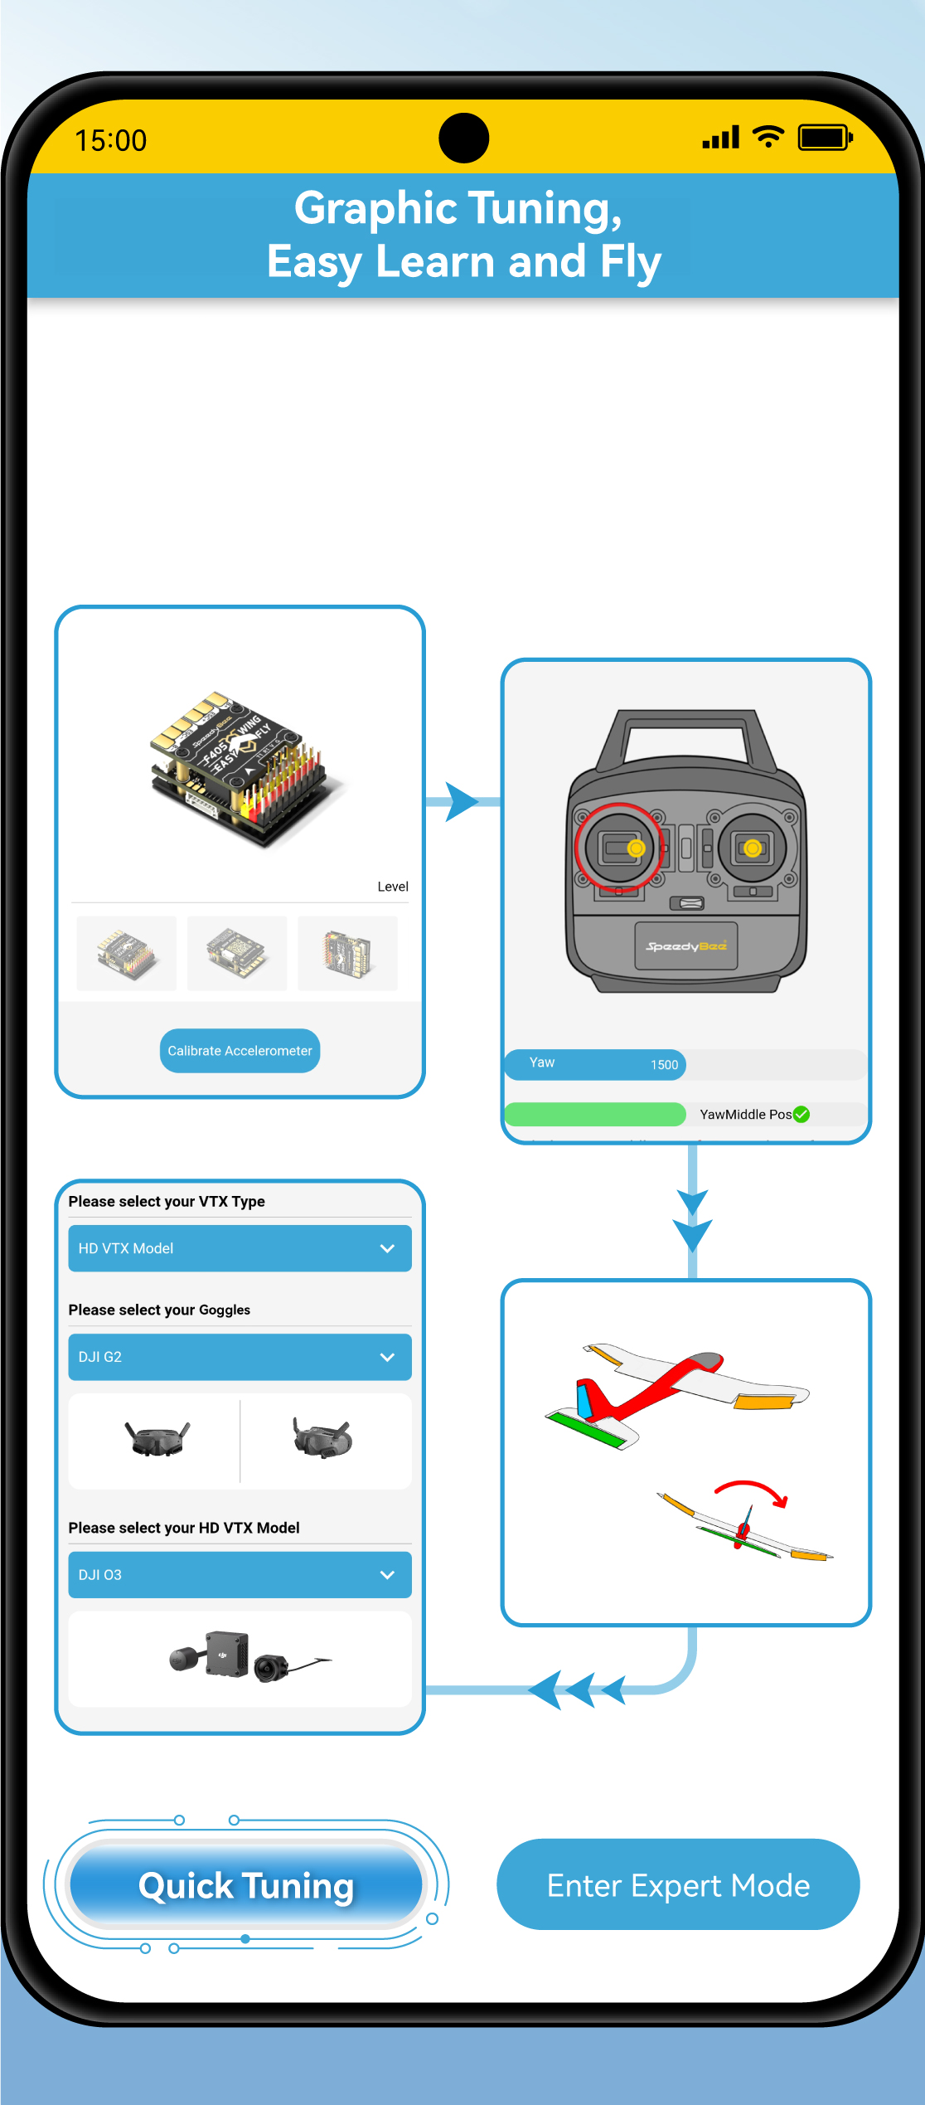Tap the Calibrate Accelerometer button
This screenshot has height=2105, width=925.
tap(240, 1050)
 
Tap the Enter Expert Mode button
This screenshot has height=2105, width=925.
tap(678, 1884)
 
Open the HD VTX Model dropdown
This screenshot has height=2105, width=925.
tap(240, 1248)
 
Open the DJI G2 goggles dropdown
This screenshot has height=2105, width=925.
tap(240, 1357)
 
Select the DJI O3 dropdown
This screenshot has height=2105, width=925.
tap(240, 1574)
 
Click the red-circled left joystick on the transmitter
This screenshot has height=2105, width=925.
tap(619, 848)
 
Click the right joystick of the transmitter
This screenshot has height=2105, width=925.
tap(752, 848)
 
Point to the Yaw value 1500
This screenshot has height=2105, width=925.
tap(664, 1065)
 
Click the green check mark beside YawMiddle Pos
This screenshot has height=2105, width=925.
tap(802, 1114)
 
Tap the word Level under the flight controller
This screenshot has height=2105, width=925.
tap(393, 887)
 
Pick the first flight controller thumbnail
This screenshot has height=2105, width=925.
tap(126, 953)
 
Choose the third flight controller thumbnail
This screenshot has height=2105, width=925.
tap(347, 953)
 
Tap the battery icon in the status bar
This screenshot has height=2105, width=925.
tap(825, 138)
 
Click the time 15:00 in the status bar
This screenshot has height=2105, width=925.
tap(111, 141)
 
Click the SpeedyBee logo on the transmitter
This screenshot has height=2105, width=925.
tap(686, 946)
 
